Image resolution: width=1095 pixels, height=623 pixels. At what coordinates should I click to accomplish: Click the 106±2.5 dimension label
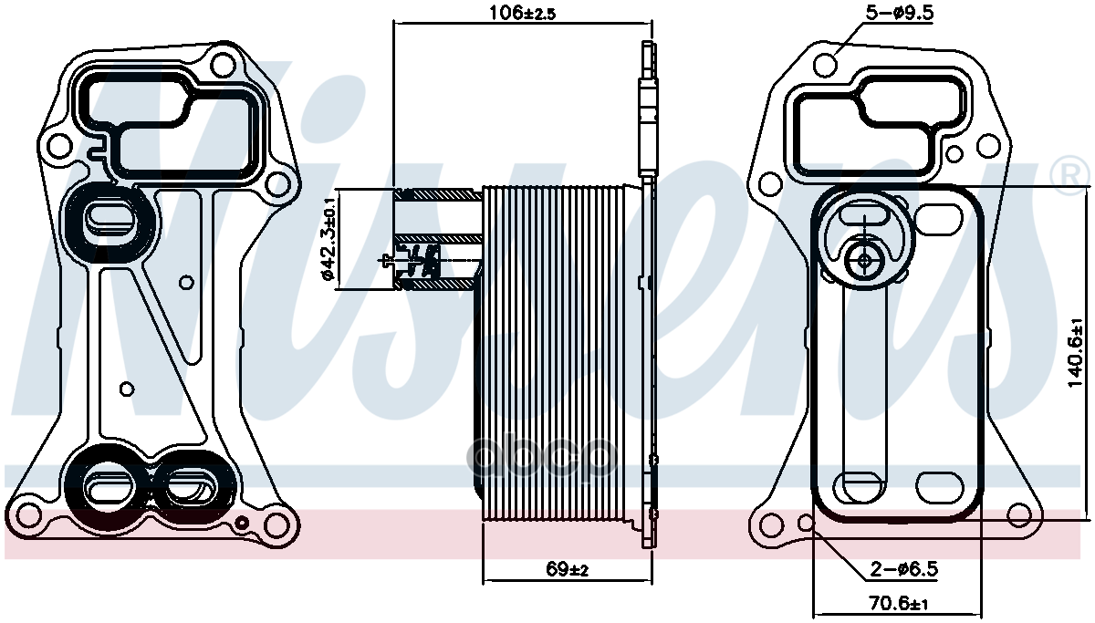pyautogui.click(x=523, y=13)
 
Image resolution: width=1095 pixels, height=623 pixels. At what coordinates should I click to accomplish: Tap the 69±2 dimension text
pyautogui.click(x=567, y=569)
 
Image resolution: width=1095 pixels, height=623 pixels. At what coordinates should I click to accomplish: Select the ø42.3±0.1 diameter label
pyautogui.click(x=328, y=239)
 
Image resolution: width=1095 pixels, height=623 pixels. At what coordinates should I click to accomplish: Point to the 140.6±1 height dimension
pyautogui.click(x=1076, y=353)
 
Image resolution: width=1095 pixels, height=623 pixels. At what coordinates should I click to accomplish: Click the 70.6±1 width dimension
pyautogui.click(x=899, y=604)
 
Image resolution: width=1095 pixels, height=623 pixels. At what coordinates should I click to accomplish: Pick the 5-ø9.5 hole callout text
pyautogui.click(x=900, y=13)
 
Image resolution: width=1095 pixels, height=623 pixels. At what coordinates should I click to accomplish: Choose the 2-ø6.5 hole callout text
pyautogui.click(x=904, y=569)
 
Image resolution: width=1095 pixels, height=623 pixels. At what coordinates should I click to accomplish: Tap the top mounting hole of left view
pyautogui.click(x=224, y=65)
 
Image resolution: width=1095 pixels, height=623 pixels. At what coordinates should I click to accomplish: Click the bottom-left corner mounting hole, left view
pyautogui.click(x=28, y=516)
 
